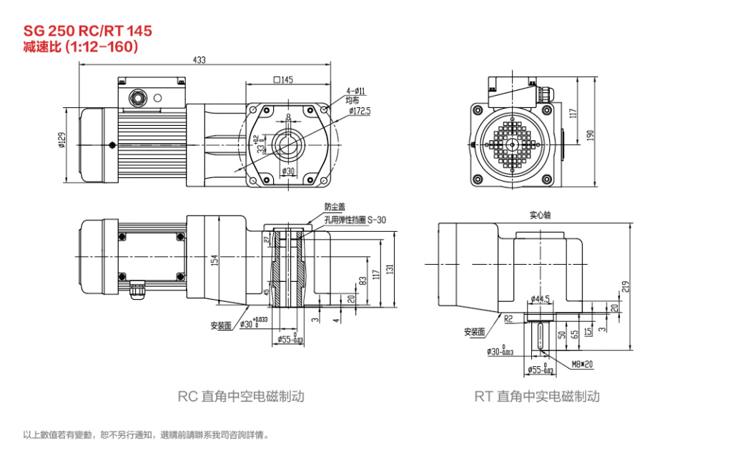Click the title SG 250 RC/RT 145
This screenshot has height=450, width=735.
pos(88,31)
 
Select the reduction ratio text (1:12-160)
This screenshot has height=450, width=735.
pos(81,47)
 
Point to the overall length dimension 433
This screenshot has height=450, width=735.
pos(199,60)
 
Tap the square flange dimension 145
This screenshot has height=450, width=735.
pos(284,79)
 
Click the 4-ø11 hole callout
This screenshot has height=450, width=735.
pos(356,91)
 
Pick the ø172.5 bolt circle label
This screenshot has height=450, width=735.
pos(360,112)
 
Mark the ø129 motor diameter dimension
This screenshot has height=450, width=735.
pos(62,141)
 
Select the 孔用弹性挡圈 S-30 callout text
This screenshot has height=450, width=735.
pos(355,220)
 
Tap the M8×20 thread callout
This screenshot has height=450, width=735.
pos(581,363)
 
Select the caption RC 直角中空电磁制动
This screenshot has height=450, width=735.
pos(241,396)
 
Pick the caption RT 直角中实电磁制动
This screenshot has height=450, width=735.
pos(537,396)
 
